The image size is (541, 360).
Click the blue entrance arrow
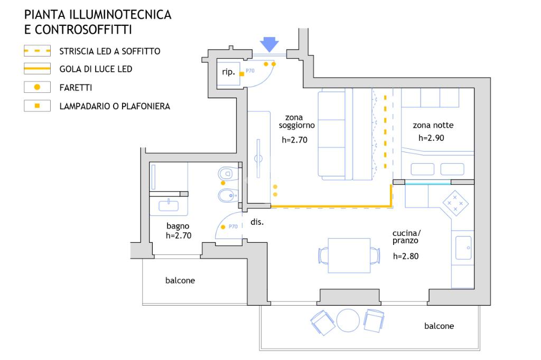[269, 44]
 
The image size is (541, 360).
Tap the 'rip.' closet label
[228, 72]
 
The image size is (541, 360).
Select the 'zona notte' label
[433, 125]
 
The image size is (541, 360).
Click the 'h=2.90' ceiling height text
[431, 138]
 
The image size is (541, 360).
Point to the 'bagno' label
[178, 226]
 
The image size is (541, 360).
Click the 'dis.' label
[257, 222]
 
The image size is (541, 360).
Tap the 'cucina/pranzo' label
[406, 237]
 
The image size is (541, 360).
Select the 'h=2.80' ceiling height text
[406, 256]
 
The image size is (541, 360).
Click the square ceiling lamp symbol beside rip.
[242, 74]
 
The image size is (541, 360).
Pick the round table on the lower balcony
[348, 320]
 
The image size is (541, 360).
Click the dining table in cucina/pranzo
[349, 255]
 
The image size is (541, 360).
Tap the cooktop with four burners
[455, 203]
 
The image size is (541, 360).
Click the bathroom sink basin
[169, 206]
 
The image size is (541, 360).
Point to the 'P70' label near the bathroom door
[233, 226]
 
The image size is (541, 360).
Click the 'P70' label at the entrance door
[250, 71]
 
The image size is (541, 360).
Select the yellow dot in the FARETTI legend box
[38, 87]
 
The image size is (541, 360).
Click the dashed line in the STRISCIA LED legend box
[38, 51]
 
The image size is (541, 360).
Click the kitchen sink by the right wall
[463, 248]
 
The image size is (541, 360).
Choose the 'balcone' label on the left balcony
[180, 280]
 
